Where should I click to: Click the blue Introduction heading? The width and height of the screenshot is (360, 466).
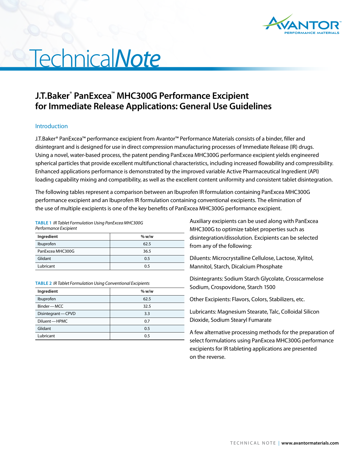point(51,126)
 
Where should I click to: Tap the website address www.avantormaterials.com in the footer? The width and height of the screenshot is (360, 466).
point(310,443)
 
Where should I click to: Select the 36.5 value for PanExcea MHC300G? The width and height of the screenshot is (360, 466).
point(147,251)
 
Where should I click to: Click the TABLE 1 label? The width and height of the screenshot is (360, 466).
point(43,223)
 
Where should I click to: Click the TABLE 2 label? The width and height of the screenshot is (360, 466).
point(43,283)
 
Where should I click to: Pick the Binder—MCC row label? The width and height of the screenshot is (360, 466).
point(50,306)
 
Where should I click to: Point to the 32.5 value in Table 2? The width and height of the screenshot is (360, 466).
point(147,306)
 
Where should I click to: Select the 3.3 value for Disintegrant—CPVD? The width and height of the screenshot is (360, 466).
point(147,314)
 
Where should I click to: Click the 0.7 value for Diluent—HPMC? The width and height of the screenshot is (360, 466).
point(147,321)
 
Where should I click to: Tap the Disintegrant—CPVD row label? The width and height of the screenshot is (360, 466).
point(56,314)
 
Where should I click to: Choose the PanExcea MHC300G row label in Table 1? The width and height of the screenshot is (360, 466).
point(56,251)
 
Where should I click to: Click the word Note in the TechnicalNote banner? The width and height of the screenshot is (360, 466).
point(138,58)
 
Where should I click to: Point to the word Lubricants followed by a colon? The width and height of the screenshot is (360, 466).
point(203,312)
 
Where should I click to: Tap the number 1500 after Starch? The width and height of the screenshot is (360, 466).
point(269,287)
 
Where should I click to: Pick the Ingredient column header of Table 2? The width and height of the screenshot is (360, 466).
point(47,291)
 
